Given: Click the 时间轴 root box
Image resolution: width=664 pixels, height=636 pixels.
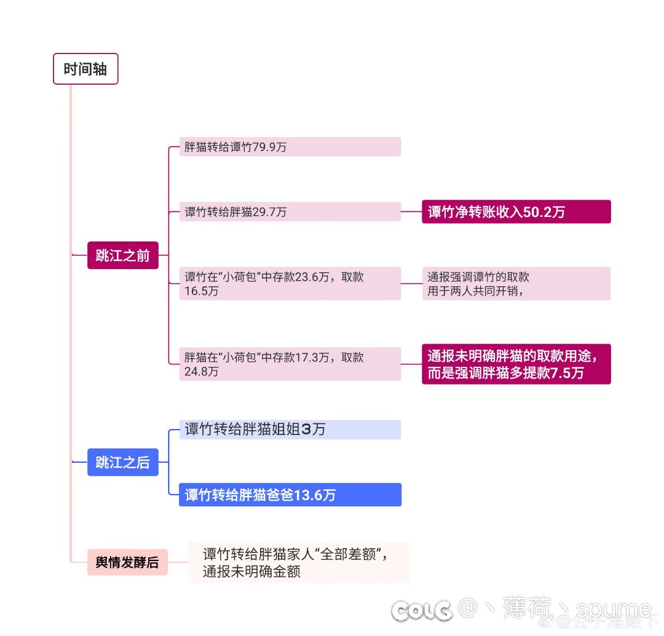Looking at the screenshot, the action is coord(85,69).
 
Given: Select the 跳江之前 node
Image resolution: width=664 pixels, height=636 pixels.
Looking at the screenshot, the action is coord(123,255).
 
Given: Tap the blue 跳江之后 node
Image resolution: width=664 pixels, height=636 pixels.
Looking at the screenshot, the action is coord(123,462).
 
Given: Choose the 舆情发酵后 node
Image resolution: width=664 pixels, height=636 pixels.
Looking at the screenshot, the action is coord(127,562).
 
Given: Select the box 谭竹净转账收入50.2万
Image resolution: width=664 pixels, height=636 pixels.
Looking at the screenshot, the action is coord(516,211).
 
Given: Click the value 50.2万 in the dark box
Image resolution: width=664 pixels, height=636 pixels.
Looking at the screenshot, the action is coord(544,211).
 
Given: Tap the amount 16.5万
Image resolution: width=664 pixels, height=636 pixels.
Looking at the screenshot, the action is coord(202,291).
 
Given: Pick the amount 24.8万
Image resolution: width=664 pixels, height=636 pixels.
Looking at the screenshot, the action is coord(202,372).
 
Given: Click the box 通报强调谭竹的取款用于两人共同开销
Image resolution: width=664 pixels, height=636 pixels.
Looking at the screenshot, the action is coord(516,283).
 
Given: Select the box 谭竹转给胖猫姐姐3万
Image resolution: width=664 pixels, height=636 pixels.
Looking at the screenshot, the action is coord(290,430).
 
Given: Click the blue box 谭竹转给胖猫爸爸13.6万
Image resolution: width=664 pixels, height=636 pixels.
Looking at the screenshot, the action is coord(290,495).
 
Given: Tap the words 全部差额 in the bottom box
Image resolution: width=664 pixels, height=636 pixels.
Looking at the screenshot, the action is coord(348,554).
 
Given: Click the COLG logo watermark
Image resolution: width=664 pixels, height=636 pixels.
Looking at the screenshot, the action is coord(422,611).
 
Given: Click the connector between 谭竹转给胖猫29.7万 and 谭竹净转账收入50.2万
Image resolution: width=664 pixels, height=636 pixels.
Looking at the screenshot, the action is coord(411,211).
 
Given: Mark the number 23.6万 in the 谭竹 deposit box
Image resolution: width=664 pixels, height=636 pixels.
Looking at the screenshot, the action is coord(312,277).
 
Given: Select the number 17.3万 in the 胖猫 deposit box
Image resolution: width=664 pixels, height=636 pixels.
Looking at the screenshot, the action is coord(312,357).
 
